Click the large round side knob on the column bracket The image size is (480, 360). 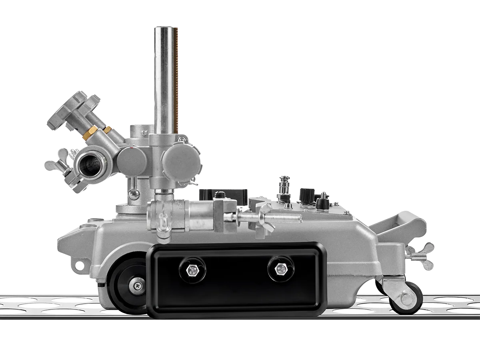pos(181,160)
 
